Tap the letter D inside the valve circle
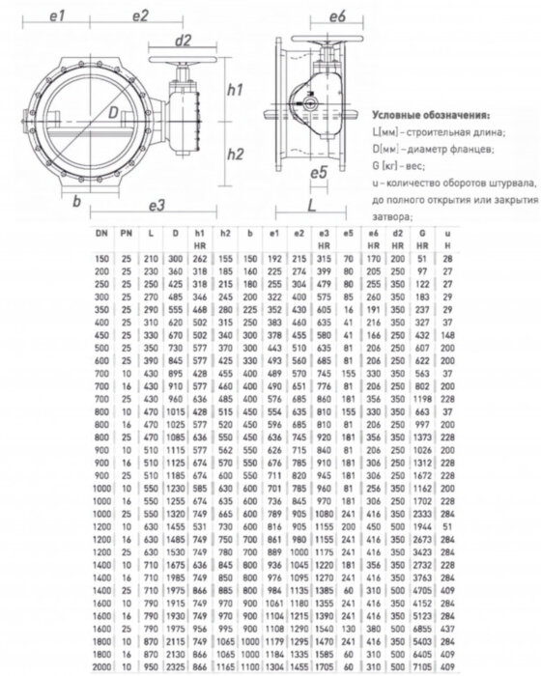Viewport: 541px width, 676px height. [114, 115]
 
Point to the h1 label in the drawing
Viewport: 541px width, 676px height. [232, 90]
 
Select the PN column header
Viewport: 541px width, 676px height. [126, 234]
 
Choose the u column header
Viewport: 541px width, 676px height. [446, 234]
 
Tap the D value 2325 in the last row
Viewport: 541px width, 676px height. [174, 667]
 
